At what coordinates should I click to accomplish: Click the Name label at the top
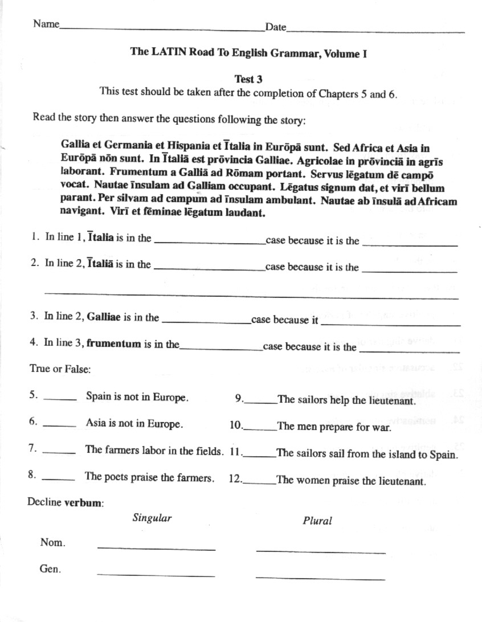46,24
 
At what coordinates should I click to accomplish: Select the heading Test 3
248,79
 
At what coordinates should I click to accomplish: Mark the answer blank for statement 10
260,428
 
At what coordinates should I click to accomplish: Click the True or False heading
60,369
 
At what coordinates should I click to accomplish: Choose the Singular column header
152,518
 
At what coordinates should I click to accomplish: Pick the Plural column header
317,520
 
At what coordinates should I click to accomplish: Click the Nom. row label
52,543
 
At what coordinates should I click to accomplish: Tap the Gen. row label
51,568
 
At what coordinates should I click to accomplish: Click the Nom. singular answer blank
156,548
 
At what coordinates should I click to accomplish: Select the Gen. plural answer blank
320,578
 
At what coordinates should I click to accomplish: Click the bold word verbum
83,503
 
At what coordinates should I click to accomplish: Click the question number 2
35,263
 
